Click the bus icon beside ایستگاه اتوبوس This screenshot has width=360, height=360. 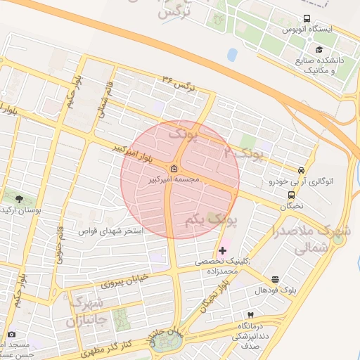click(x=307, y=19)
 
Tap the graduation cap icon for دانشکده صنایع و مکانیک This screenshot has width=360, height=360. click(x=320, y=50)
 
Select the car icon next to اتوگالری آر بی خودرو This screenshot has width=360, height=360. click(x=302, y=170)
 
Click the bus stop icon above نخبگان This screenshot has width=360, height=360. click(x=290, y=195)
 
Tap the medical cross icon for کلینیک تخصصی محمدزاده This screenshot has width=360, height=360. click(x=223, y=250)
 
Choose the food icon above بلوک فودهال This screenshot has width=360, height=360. click(x=274, y=279)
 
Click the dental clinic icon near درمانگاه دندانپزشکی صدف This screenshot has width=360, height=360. click(x=249, y=316)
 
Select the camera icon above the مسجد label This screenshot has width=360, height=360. click(x=11, y=334)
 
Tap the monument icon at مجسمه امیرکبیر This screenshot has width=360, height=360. click(x=174, y=168)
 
